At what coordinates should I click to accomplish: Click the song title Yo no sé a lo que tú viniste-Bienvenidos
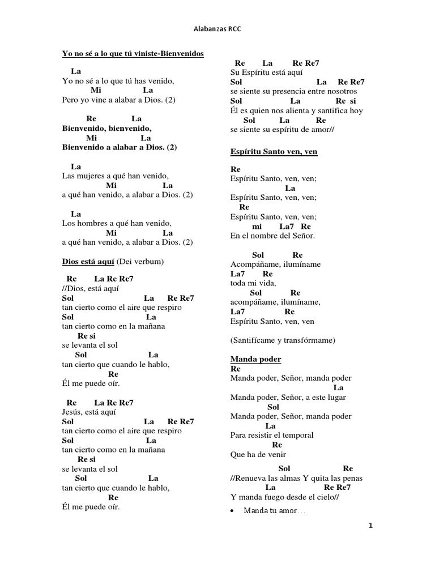tap(133, 54)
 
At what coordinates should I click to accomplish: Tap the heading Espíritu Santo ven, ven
tap(274, 151)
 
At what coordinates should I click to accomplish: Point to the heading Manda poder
tap(256, 359)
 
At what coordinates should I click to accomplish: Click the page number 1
tap(371, 526)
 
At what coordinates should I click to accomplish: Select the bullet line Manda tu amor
tap(274, 510)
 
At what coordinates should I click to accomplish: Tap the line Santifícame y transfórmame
tap(283, 340)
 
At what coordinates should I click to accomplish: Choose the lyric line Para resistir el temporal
tap(272, 435)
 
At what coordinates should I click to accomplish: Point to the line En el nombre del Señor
tap(273, 235)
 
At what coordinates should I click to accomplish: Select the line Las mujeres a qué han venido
tap(115, 176)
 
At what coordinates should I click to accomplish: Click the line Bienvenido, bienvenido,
tap(106, 129)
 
